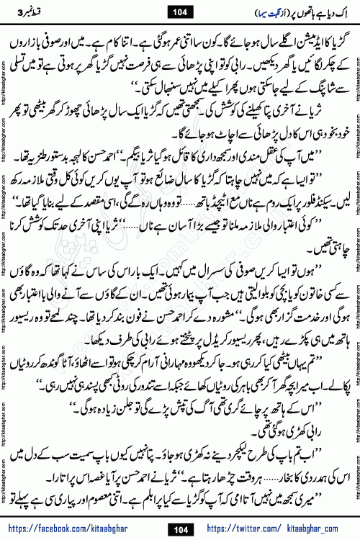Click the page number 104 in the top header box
click(x=180, y=12)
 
